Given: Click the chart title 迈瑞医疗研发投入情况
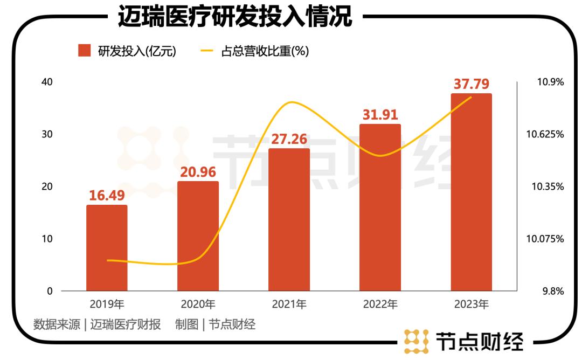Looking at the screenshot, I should [x=235, y=17].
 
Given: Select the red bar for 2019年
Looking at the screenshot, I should [x=107, y=248].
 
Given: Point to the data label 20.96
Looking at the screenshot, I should [x=198, y=172].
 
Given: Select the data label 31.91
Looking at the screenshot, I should [x=380, y=115].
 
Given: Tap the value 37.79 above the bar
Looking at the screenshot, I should [x=471, y=84].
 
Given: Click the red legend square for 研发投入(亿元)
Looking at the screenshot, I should [x=84, y=51].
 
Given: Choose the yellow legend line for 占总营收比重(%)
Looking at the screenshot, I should [x=207, y=51].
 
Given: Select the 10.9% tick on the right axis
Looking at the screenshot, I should [x=550, y=82].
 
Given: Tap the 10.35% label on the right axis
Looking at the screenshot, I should [x=547, y=186].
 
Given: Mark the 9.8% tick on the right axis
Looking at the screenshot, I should [x=552, y=291].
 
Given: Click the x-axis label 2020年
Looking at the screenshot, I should [x=198, y=304].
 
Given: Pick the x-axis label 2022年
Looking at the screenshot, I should [x=380, y=304].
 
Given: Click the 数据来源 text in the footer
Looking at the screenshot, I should [x=57, y=324].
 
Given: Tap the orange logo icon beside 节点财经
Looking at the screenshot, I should [x=416, y=342].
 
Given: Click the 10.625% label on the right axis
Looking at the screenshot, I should [x=545, y=134].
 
